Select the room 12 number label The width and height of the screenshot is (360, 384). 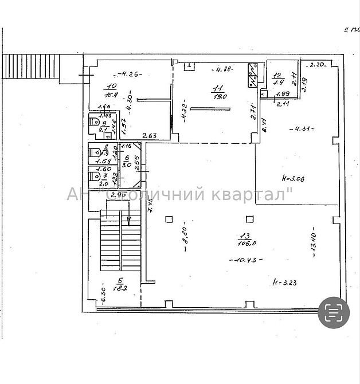(277, 75)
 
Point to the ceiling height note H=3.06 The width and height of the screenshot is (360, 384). (294, 179)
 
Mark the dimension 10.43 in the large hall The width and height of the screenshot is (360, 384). (246, 260)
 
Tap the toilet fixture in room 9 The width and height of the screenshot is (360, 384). (95, 122)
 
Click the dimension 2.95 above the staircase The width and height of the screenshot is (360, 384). (118, 195)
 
